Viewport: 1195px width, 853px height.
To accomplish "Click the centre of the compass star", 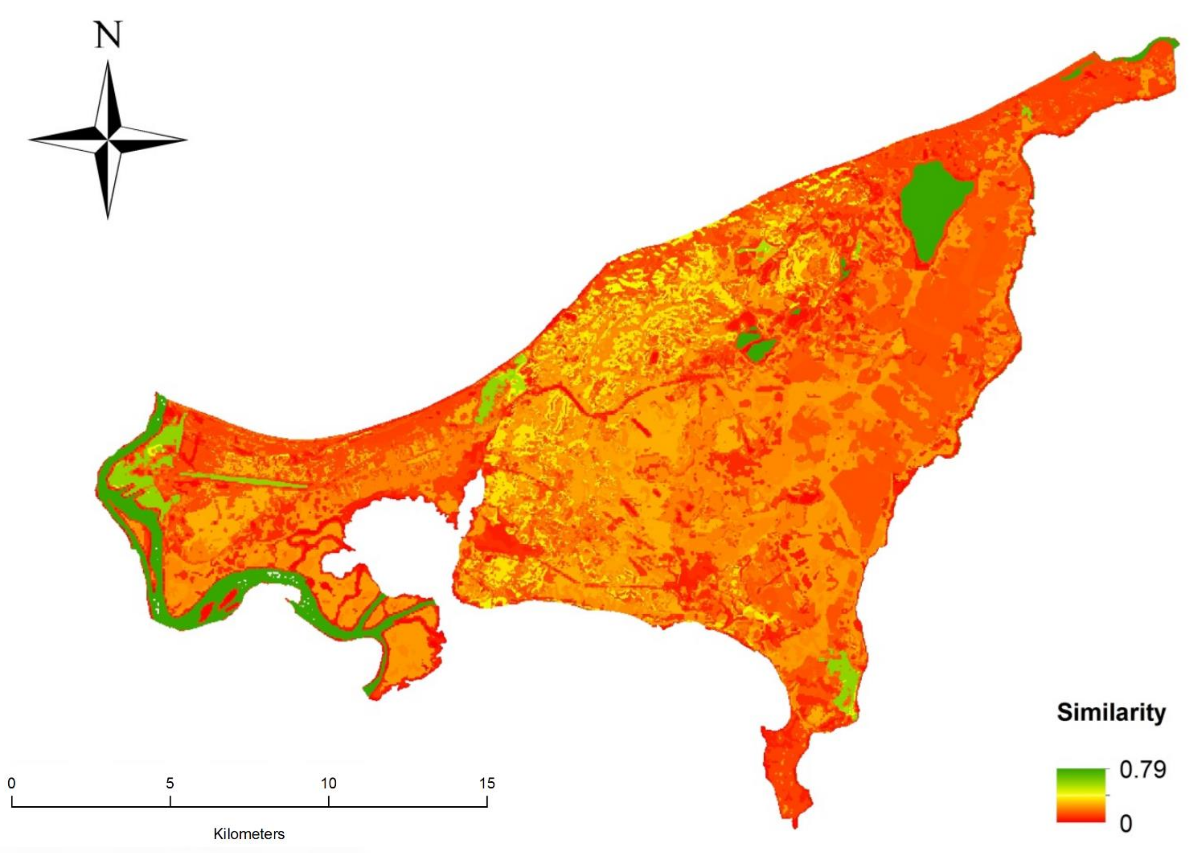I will pos(108,140).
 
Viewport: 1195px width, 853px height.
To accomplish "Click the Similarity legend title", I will pos(1111,713).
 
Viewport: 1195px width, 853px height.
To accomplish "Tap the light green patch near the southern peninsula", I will pos(843,683).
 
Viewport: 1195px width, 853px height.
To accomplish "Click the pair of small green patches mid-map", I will pos(754,344).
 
